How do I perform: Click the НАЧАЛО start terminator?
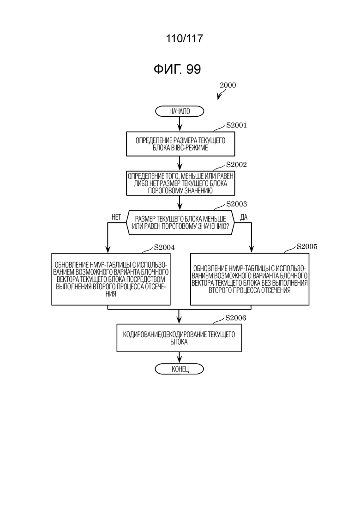(x=180, y=111)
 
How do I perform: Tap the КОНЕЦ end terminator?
(x=180, y=369)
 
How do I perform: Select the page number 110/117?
(x=184, y=39)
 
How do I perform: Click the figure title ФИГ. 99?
(x=177, y=69)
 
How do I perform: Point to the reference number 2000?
(x=228, y=85)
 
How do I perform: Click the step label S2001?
(x=236, y=126)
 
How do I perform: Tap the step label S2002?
(x=236, y=165)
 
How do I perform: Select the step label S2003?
(x=236, y=204)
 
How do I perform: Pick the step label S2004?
(x=164, y=247)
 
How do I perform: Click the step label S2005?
(x=307, y=246)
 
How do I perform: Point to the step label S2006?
(x=236, y=318)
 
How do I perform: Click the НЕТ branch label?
(x=116, y=217)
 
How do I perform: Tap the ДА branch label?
(x=244, y=217)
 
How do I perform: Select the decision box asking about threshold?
(x=180, y=222)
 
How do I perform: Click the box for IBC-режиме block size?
(x=180, y=144)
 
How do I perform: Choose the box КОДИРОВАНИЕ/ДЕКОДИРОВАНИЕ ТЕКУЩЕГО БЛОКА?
(x=179, y=338)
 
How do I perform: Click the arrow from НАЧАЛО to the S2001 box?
(x=180, y=124)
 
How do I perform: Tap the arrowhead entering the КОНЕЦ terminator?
(x=180, y=361)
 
